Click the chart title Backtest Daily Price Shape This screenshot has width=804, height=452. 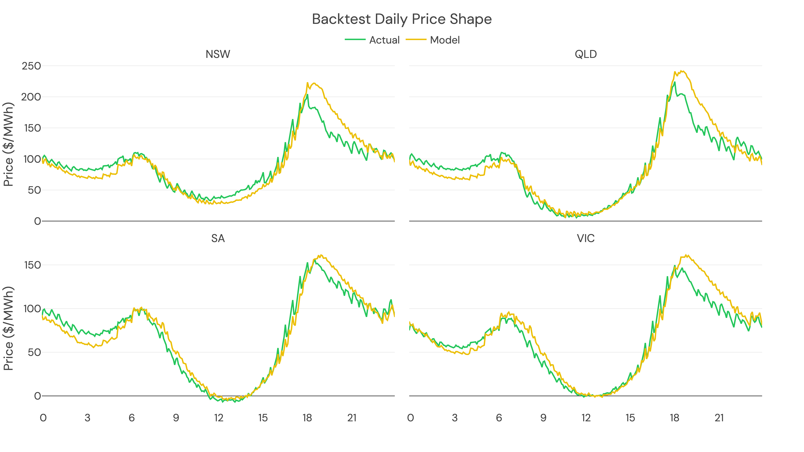pyautogui.click(x=402, y=19)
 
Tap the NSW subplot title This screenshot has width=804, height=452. pyautogui.click(x=218, y=54)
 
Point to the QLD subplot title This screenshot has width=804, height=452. pyautogui.click(x=586, y=54)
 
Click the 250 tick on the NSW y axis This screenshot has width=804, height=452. pyautogui.click(x=31, y=66)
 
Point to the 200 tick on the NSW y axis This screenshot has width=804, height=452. pyautogui.click(x=31, y=97)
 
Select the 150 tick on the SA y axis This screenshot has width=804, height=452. pyautogui.click(x=33, y=265)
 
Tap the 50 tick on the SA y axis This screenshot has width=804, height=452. pyautogui.click(x=34, y=353)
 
